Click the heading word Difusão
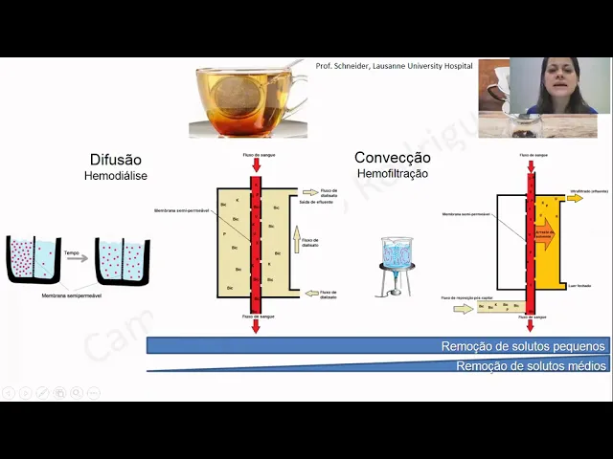[116, 160]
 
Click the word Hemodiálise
[116, 176]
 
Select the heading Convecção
[393, 158]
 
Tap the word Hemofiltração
[393, 174]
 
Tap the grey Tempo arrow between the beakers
[77, 257]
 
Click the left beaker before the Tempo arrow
[34, 259]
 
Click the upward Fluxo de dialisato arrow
[297, 235]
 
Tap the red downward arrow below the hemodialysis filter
[256, 326]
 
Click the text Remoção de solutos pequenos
[523, 346]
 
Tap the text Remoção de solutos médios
[531, 365]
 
